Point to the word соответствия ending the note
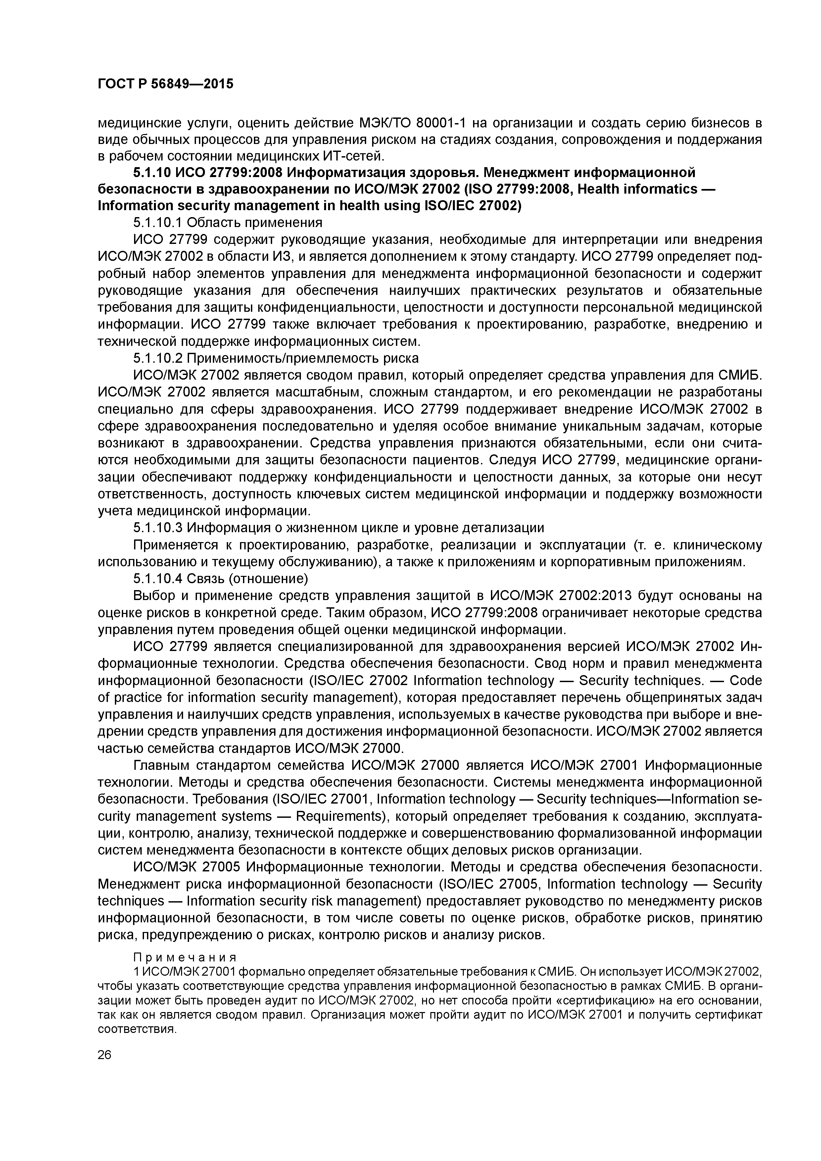(137, 1029)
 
